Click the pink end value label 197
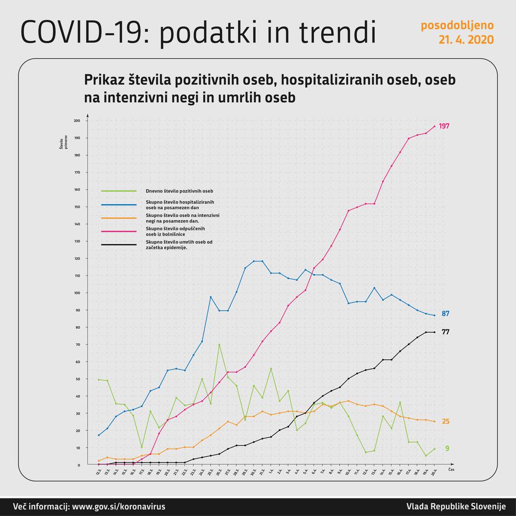[x=444, y=126]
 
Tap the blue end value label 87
[x=446, y=314]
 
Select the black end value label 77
[x=446, y=332]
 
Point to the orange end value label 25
[x=446, y=422]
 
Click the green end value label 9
[x=447, y=448]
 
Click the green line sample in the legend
[x=119, y=190]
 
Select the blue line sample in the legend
[x=119, y=204]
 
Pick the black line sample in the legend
[x=119, y=245]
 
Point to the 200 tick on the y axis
[x=76, y=121]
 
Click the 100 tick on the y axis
[x=76, y=293]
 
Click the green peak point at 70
[x=219, y=345]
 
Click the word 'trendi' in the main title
[x=338, y=33]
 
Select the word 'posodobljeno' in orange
[x=457, y=25]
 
